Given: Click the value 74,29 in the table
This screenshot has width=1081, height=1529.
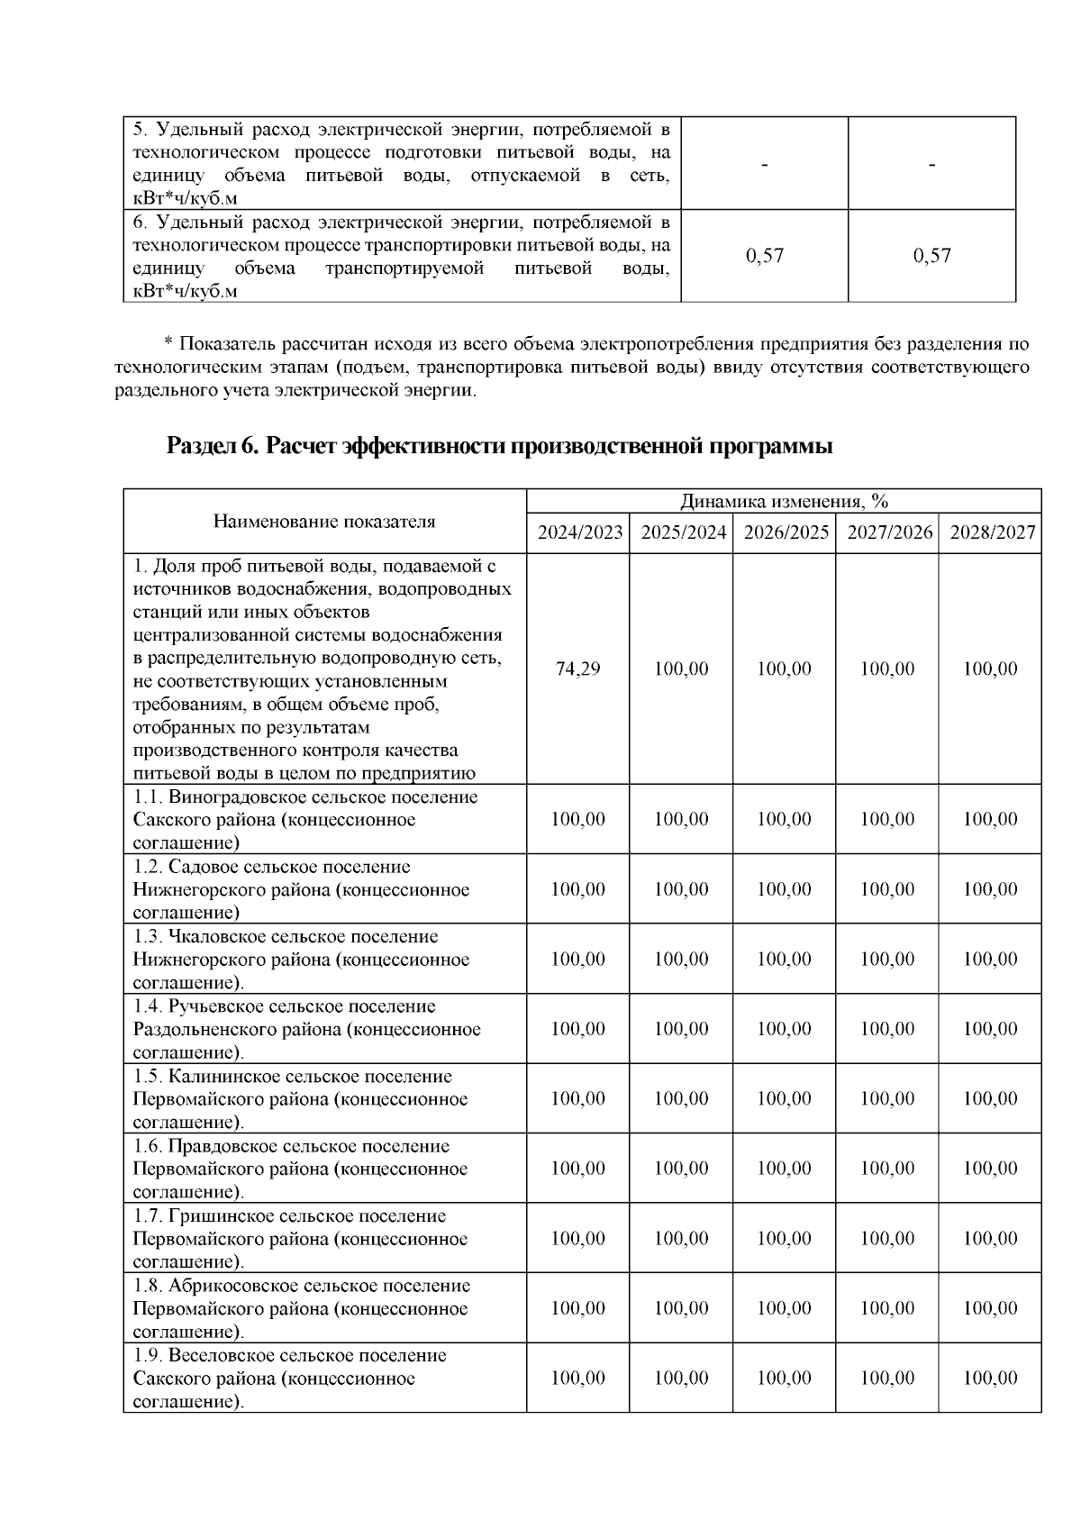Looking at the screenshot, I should click(577, 669).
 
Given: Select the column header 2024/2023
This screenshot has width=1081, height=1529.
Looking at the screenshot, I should click(579, 532).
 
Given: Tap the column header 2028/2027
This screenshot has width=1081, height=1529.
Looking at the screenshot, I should click(991, 532).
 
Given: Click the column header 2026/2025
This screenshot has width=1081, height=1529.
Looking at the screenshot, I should click(785, 532).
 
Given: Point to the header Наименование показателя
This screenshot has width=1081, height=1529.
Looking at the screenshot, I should click(324, 521).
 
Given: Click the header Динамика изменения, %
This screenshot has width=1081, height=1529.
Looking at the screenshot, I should click(784, 501).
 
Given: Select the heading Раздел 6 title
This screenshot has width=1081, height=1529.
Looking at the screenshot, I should click(499, 446).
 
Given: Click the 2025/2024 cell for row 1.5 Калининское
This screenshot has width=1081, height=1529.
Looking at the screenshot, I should click(681, 1098).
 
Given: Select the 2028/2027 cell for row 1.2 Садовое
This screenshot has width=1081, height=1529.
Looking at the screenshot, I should click(990, 889).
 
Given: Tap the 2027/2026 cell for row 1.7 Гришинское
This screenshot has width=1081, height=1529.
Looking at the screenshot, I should click(887, 1238).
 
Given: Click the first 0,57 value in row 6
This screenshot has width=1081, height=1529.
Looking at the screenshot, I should click(765, 256).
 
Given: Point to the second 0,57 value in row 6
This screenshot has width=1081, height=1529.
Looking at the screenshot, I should click(931, 256).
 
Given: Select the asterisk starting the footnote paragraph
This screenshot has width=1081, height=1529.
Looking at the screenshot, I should click(168, 344).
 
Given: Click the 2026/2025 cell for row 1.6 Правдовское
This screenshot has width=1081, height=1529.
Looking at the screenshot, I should click(784, 1168).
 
